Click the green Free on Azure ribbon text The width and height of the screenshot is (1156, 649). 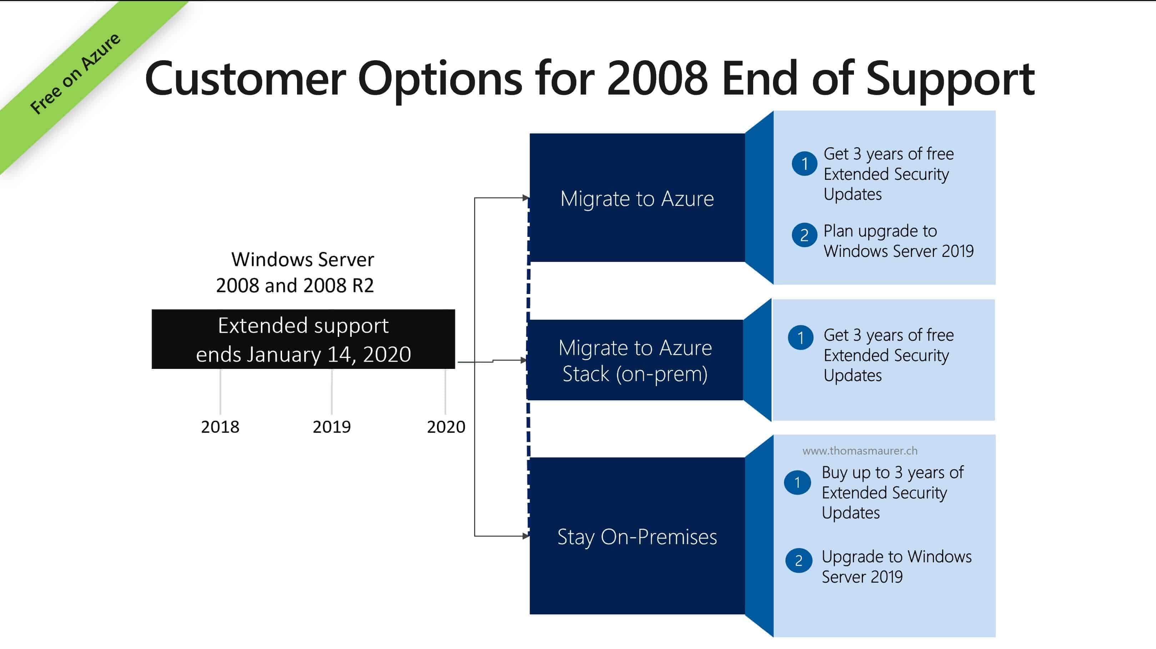[75, 73]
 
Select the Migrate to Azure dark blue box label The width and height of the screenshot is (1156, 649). [637, 199]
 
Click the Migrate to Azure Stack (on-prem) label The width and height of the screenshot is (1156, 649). [635, 361]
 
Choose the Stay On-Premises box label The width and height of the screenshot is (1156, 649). [637, 537]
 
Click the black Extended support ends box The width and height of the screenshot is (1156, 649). [303, 340]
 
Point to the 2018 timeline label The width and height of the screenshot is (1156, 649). [220, 426]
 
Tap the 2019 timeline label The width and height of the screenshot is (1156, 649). [332, 426]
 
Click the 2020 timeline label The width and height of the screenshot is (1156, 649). [446, 426]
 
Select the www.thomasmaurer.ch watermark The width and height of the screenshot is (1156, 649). [859, 451]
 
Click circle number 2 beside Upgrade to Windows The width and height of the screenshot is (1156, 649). [799, 561]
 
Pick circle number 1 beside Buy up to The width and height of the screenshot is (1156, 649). [798, 483]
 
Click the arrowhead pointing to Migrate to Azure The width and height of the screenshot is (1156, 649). [526, 198]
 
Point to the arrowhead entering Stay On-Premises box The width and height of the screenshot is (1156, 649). [526, 536]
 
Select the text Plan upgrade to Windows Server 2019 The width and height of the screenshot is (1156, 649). [898, 241]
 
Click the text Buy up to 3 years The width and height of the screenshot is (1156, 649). [892, 472]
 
